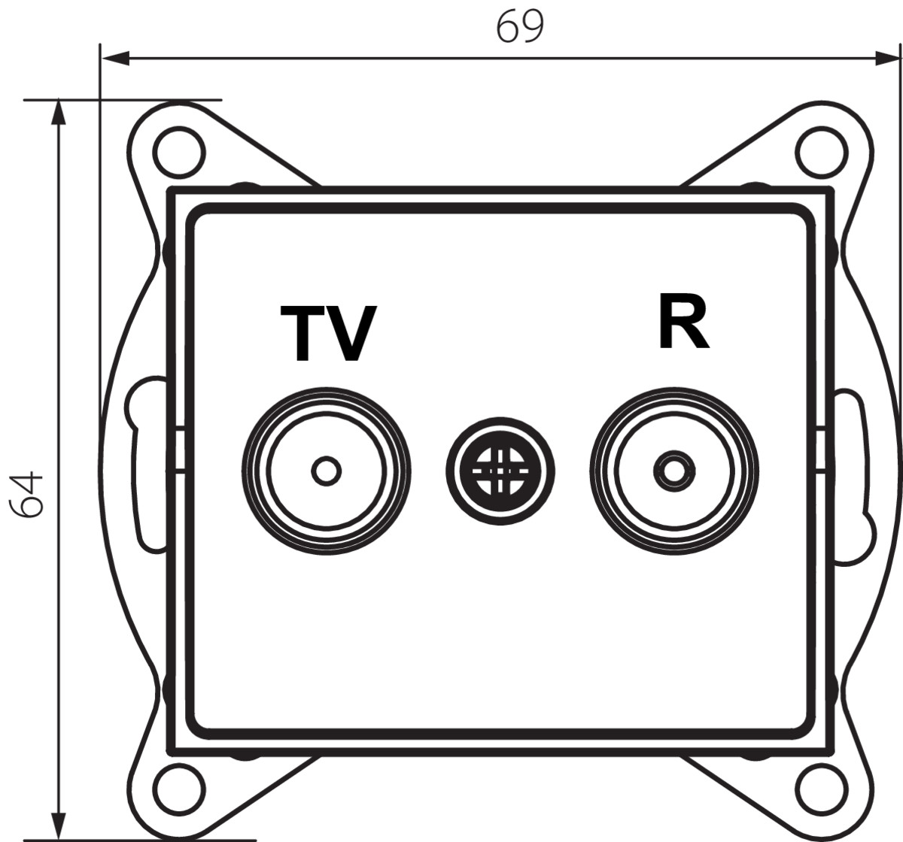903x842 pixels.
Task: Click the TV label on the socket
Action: (327, 334)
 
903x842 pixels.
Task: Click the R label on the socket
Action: (683, 323)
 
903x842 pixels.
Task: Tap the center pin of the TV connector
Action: (326, 471)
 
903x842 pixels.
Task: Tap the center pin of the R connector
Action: (674, 471)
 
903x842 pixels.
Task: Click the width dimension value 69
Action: (519, 27)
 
